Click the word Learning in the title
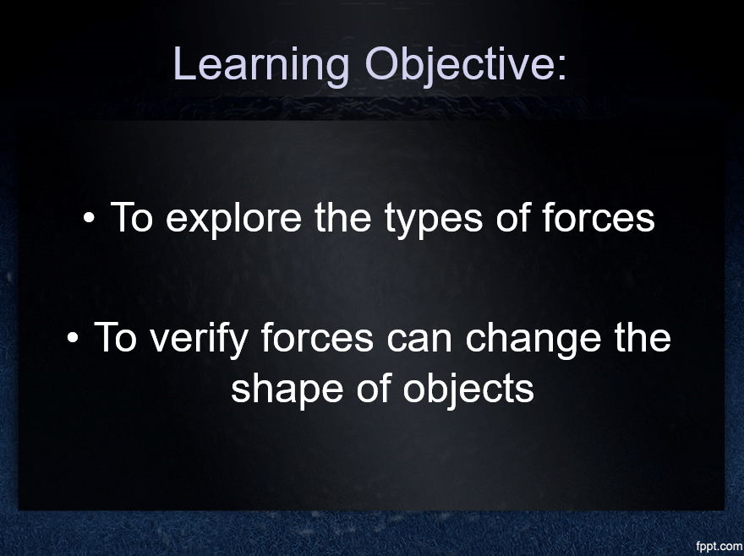pos(261,65)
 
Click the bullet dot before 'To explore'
pos(89,218)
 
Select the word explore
pos(233,219)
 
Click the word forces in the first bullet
pos(599,217)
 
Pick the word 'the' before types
pos(342,217)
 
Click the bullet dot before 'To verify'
pos(73,338)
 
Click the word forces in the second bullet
pos(317,337)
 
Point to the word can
pos(419,341)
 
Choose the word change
pos(533,339)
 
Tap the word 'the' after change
pos(643,337)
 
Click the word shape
pos(287,390)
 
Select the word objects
pos(468,390)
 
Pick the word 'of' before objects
pos(374,387)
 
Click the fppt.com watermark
pos(719,546)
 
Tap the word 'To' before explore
pos(131,217)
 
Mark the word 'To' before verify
pos(115,337)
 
